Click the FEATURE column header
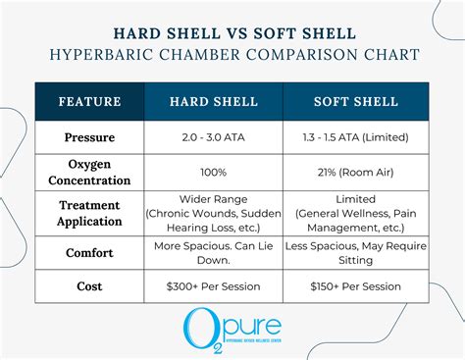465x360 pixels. [x=90, y=101]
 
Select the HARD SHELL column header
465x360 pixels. [x=214, y=101]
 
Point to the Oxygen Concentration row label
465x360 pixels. [x=90, y=172]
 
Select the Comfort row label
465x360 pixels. [x=90, y=252]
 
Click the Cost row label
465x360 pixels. [x=90, y=286]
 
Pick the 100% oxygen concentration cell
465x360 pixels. [x=214, y=172]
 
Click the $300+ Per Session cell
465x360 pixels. [x=214, y=286]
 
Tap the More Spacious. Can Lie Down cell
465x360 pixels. [x=214, y=252]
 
